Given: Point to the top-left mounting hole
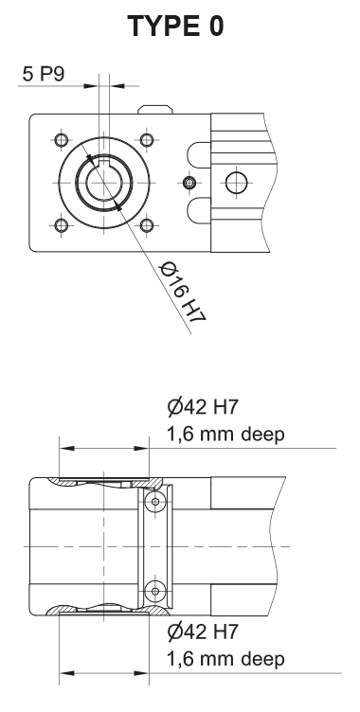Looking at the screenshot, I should pos(62,140).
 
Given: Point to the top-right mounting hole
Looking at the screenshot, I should pos(146,140).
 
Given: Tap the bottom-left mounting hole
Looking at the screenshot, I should pos(62,225).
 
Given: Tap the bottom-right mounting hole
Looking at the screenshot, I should pos(146,225).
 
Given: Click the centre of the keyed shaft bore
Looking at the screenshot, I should pos(103,183).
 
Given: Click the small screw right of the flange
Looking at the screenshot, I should pos(189,182).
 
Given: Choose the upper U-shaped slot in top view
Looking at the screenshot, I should pos(197,152).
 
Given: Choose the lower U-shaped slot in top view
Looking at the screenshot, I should pos(197,210).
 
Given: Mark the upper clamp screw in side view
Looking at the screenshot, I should pos(158,499).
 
